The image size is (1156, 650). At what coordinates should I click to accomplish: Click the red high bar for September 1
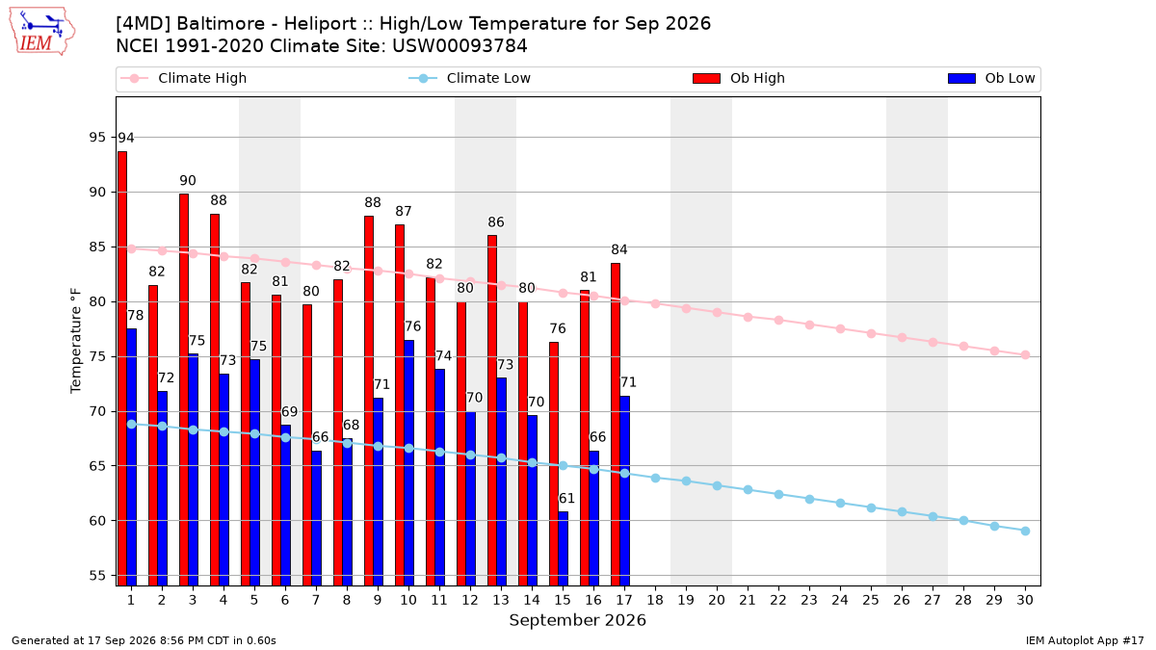[x=122, y=368]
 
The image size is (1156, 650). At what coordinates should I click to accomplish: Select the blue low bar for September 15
[x=563, y=548]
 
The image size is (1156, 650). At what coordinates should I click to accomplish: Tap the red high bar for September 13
[x=492, y=410]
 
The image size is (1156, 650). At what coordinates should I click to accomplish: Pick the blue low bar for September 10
[x=409, y=463]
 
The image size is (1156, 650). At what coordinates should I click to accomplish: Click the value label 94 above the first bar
[x=126, y=139]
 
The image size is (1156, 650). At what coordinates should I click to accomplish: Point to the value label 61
[x=566, y=499]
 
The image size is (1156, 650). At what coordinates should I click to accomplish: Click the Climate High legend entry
[x=184, y=78]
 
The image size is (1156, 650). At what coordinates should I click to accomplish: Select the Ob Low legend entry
[x=991, y=78]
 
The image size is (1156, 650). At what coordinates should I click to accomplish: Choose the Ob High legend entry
[x=739, y=78]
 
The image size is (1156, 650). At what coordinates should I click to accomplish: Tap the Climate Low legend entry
[x=470, y=78]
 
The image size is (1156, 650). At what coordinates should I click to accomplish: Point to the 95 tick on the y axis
[x=97, y=137]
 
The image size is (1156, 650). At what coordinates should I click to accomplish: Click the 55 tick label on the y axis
[x=97, y=576]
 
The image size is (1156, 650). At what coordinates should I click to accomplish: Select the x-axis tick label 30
[x=1025, y=600]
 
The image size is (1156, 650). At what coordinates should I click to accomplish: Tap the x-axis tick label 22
[x=778, y=600]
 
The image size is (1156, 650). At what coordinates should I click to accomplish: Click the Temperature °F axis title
[x=76, y=341]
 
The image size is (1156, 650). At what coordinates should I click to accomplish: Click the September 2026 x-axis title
[x=577, y=620]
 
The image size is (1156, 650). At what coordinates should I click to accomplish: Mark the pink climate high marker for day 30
[x=1025, y=355]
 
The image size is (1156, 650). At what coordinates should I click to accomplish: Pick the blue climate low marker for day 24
[x=840, y=503]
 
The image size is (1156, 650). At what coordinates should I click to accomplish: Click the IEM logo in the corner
[x=42, y=31]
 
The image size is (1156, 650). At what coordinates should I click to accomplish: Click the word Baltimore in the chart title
[x=222, y=24]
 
